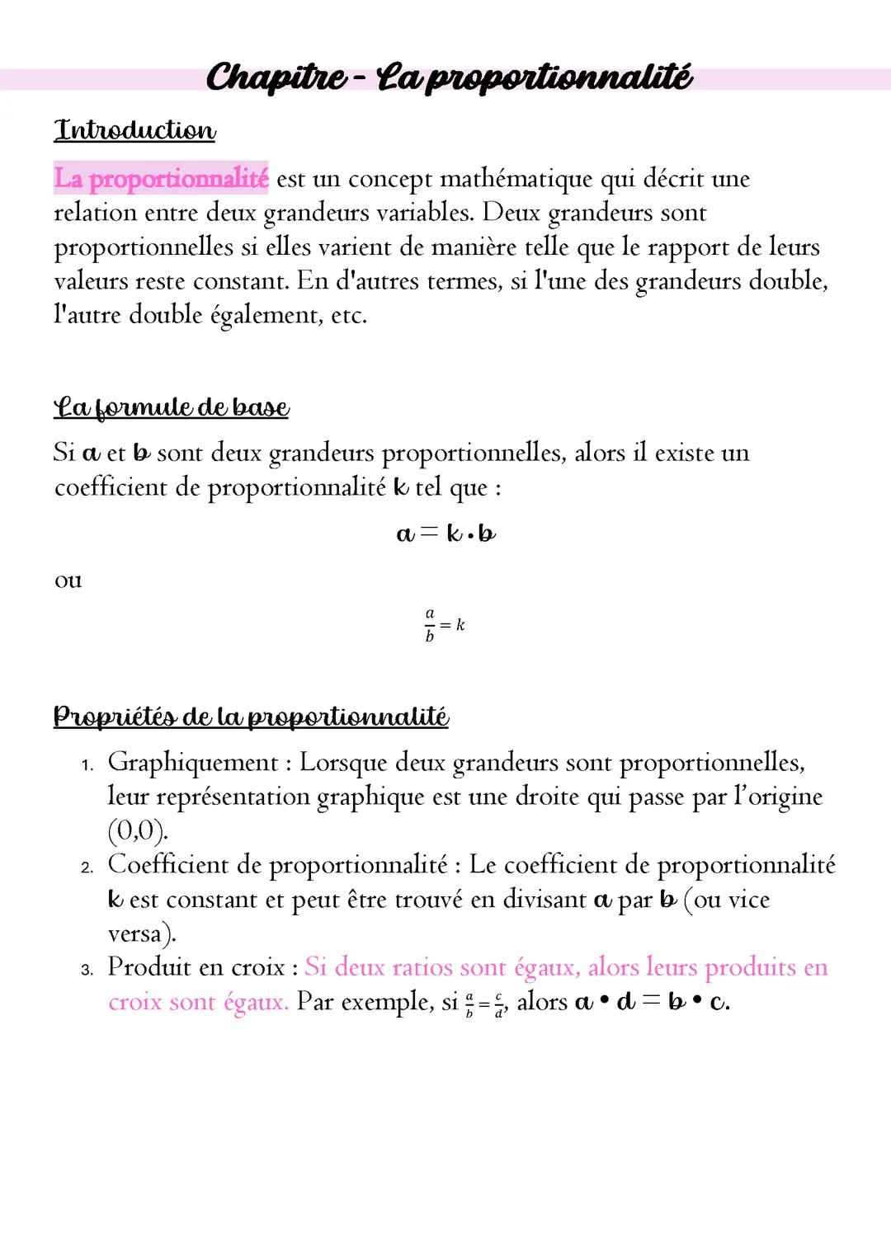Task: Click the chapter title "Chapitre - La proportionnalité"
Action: [x=449, y=78]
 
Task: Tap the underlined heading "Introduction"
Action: [x=134, y=130]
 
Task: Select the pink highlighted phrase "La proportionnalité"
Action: [x=161, y=178]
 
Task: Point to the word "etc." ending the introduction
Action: [x=348, y=315]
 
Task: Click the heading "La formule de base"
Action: [x=172, y=407]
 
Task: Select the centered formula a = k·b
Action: [x=445, y=534]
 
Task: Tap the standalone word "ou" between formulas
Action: [x=68, y=581]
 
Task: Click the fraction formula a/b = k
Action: [x=445, y=625]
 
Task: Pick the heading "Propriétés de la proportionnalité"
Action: [x=251, y=716]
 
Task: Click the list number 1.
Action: [x=87, y=765]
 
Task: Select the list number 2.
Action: [x=87, y=867]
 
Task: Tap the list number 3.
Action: [x=87, y=970]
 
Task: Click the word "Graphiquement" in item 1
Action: [x=193, y=763]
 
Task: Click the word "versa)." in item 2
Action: [x=142, y=933]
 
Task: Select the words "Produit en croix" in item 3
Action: [x=196, y=967]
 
